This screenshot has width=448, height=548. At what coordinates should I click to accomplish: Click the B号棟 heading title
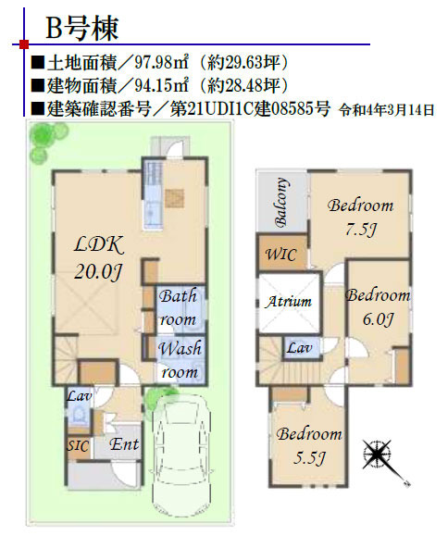(82, 28)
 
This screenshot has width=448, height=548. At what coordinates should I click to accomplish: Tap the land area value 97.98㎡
(162, 63)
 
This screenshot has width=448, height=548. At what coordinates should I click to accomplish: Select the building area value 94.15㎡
(161, 85)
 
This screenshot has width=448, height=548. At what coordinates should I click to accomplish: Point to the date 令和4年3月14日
(387, 110)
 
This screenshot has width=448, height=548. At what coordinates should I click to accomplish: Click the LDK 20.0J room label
(99, 258)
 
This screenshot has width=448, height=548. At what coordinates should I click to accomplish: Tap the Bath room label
(178, 307)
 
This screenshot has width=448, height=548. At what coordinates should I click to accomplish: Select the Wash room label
(180, 360)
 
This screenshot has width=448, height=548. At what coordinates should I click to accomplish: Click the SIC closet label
(78, 446)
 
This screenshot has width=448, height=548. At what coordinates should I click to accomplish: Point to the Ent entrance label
(124, 444)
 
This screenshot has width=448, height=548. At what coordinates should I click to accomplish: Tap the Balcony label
(281, 202)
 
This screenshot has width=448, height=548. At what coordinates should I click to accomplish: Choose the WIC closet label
(281, 254)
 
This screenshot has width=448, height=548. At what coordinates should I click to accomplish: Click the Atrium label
(288, 301)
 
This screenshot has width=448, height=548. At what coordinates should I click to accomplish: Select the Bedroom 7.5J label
(361, 218)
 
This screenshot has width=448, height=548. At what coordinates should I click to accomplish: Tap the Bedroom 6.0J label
(378, 307)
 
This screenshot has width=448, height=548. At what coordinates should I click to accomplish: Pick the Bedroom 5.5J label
(309, 446)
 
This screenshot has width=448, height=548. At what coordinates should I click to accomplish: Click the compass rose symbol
(378, 455)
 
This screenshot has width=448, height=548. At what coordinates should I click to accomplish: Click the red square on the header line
(24, 44)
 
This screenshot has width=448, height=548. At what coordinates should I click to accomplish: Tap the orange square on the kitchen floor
(174, 198)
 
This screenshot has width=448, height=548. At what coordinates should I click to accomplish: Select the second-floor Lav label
(300, 348)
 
